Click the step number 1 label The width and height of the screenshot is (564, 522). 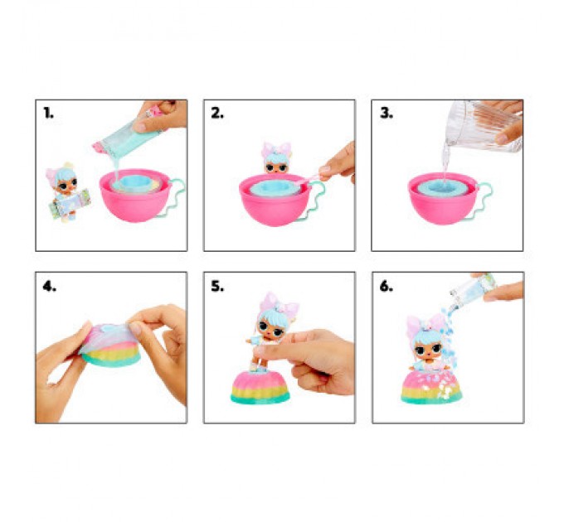(49, 114)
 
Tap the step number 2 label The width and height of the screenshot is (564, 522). (217, 114)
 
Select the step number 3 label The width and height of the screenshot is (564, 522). (387, 114)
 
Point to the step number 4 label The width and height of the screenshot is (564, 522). (50, 287)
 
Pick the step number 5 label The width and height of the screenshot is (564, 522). (217, 287)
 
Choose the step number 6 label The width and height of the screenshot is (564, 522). (387, 287)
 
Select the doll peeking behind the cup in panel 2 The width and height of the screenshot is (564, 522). (276, 158)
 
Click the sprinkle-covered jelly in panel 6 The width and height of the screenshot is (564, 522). (431, 387)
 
